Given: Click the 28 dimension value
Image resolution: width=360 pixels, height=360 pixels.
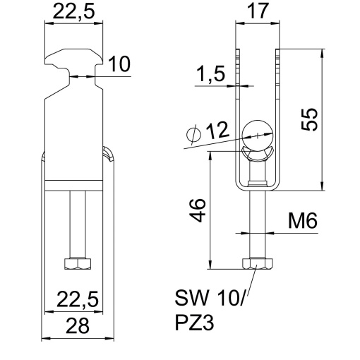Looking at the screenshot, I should click(78, 327).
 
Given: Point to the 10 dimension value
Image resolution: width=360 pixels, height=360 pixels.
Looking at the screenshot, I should click(119, 65).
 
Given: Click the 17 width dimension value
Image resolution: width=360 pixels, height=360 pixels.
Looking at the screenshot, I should click(258, 12).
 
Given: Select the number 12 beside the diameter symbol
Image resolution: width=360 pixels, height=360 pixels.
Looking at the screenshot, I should click(217, 131).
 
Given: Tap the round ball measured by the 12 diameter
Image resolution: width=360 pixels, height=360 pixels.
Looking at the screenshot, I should click(256, 131).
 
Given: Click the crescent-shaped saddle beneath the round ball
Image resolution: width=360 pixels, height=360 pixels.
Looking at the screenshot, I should click(256, 154).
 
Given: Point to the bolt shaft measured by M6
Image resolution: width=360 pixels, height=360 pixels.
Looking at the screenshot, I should click(257, 226).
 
